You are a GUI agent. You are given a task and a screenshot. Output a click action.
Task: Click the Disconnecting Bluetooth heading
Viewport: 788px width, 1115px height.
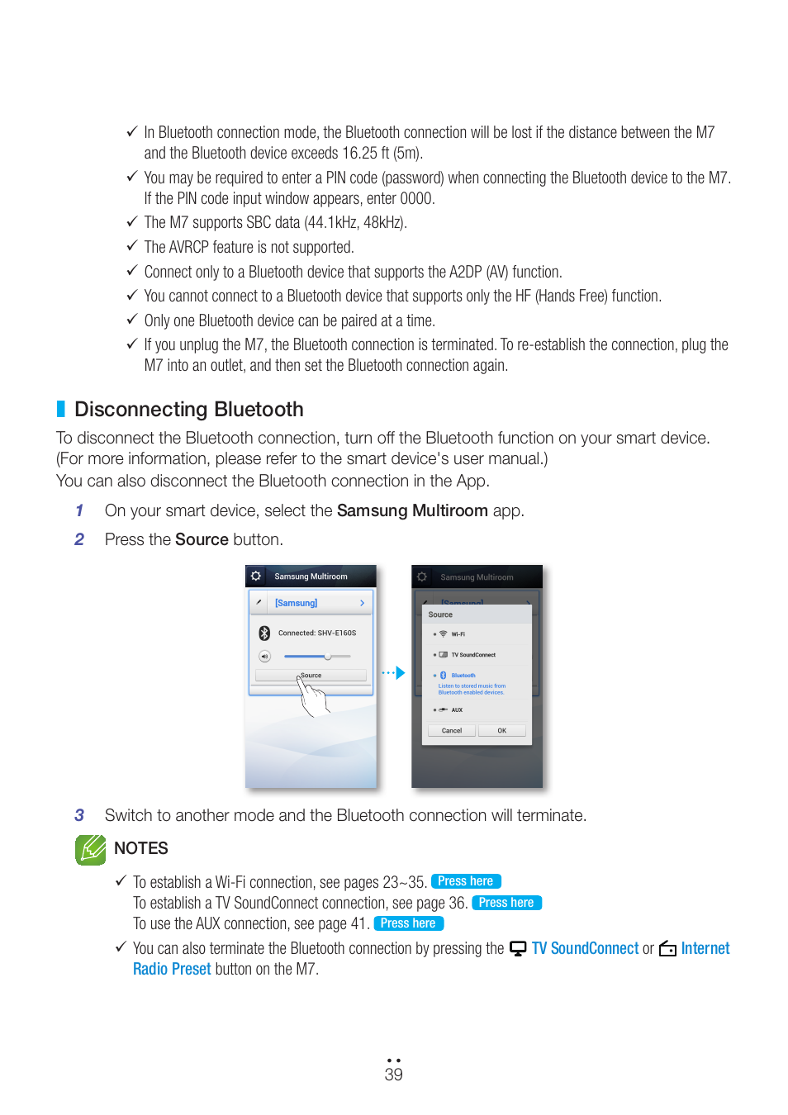189,410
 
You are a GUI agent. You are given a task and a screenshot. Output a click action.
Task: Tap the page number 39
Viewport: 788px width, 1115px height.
394,1075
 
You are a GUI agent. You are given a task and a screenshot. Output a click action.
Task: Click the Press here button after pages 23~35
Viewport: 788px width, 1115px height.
466,881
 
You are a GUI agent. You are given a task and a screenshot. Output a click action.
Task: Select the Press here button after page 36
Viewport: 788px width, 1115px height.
506,903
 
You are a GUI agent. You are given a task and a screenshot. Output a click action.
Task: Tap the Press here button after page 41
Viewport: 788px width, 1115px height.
408,923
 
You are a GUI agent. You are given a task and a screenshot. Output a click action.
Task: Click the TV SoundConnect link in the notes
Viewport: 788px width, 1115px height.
585,948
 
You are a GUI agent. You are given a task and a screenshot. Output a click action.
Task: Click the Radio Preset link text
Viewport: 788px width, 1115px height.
172,969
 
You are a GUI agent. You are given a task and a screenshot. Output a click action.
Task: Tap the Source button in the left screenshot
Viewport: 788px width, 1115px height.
311,676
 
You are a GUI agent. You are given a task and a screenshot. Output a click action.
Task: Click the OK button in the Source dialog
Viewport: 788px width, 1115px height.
501,731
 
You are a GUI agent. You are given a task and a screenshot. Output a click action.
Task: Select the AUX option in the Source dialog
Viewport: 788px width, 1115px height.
456,709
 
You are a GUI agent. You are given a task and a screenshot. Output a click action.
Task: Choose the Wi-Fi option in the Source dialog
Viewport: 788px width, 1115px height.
458,634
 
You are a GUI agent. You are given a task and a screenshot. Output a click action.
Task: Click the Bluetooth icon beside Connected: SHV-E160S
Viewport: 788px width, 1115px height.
264,633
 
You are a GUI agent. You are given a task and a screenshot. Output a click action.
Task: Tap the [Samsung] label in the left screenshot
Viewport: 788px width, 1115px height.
296,603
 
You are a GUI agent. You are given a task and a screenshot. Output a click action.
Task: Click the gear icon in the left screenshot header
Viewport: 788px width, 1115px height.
256,576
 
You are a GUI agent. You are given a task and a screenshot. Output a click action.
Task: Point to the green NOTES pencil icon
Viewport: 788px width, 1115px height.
91,849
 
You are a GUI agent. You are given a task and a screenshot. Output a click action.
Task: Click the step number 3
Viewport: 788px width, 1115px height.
79,815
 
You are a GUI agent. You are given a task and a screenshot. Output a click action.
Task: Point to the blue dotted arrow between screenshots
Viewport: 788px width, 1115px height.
394,673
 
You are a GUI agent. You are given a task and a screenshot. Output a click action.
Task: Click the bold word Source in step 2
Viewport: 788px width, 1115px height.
202,539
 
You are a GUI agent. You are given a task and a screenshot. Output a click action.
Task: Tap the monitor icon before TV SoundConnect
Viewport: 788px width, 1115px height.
518,948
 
